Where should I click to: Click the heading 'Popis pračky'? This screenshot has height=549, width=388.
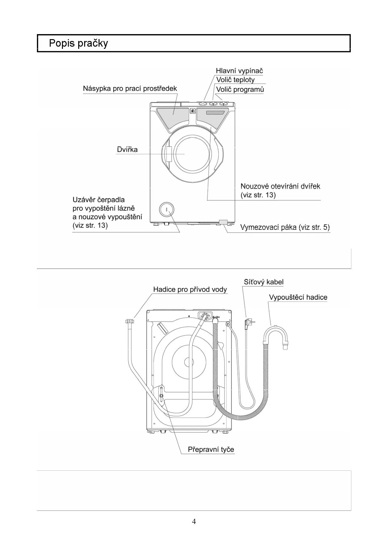click(78, 43)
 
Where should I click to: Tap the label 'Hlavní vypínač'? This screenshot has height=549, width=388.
click(239, 71)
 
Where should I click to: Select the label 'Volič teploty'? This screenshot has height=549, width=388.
click(235, 80)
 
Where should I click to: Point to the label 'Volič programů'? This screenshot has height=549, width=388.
click(240, 89)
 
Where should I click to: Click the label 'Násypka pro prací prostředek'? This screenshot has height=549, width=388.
click(130, 89)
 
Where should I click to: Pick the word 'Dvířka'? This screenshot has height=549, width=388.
click(127, 150)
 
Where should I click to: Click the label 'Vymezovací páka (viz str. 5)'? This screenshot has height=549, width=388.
click(285, 227)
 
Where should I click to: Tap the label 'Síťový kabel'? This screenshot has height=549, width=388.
click(264, 282)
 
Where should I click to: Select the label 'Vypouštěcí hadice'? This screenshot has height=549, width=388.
click(298, 297)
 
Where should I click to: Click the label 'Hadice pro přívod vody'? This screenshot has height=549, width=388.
click(190, 290)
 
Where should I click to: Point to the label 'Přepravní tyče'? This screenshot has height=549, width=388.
click(211, 449)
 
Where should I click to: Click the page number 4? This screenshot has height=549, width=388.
click(194, 521)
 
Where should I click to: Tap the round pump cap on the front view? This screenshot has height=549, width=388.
click(166, 209)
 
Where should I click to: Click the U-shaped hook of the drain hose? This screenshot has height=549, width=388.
click(276, 336)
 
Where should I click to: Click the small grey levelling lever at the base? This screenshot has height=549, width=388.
click(223, 222)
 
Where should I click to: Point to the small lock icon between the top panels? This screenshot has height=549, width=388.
click(192, 111)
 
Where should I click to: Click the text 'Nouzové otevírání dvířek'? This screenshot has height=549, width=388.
click(280, 186)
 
